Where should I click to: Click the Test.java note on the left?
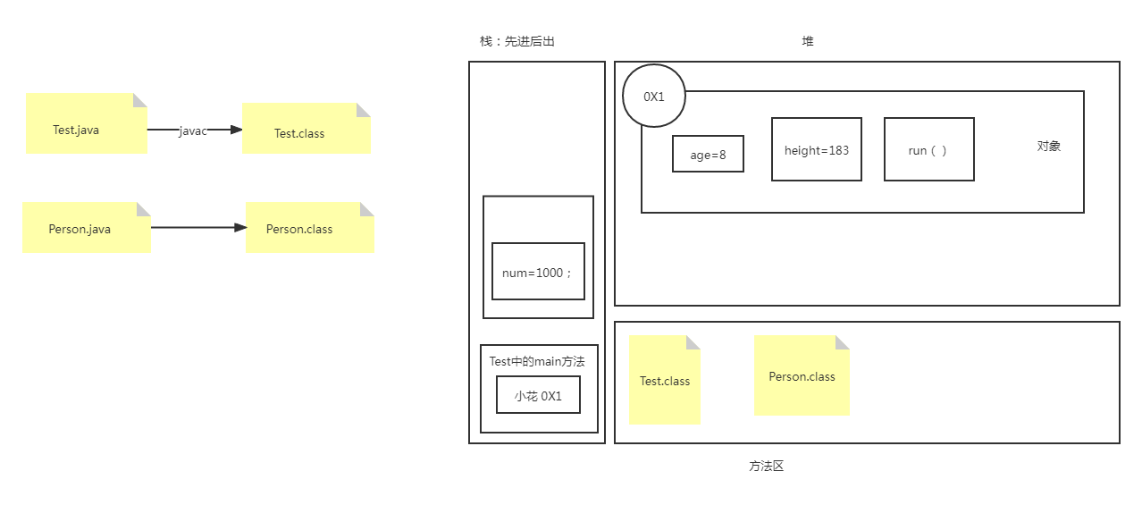[86, 124]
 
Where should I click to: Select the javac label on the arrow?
[193, 130]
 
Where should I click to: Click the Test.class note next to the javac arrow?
[306, 129]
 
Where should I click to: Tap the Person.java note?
[86, 228]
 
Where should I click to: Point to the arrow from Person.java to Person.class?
[197, 228]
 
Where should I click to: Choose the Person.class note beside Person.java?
[309, 228]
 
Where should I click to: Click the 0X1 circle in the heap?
[654, 96]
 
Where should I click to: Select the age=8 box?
[708, 154]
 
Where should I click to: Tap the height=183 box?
[817, 149]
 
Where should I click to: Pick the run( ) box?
[928, 149]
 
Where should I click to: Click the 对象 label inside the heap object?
[1049, 146]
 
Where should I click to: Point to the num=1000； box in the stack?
[538, 272]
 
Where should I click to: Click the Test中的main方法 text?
[537, 361]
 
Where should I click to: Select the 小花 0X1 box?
[538, 395]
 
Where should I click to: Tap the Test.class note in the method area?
[664, 381]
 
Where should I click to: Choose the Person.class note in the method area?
[802, 376]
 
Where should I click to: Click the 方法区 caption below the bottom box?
[766, 466]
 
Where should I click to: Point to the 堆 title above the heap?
[808, 41]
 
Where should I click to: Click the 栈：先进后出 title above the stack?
[517, 41]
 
